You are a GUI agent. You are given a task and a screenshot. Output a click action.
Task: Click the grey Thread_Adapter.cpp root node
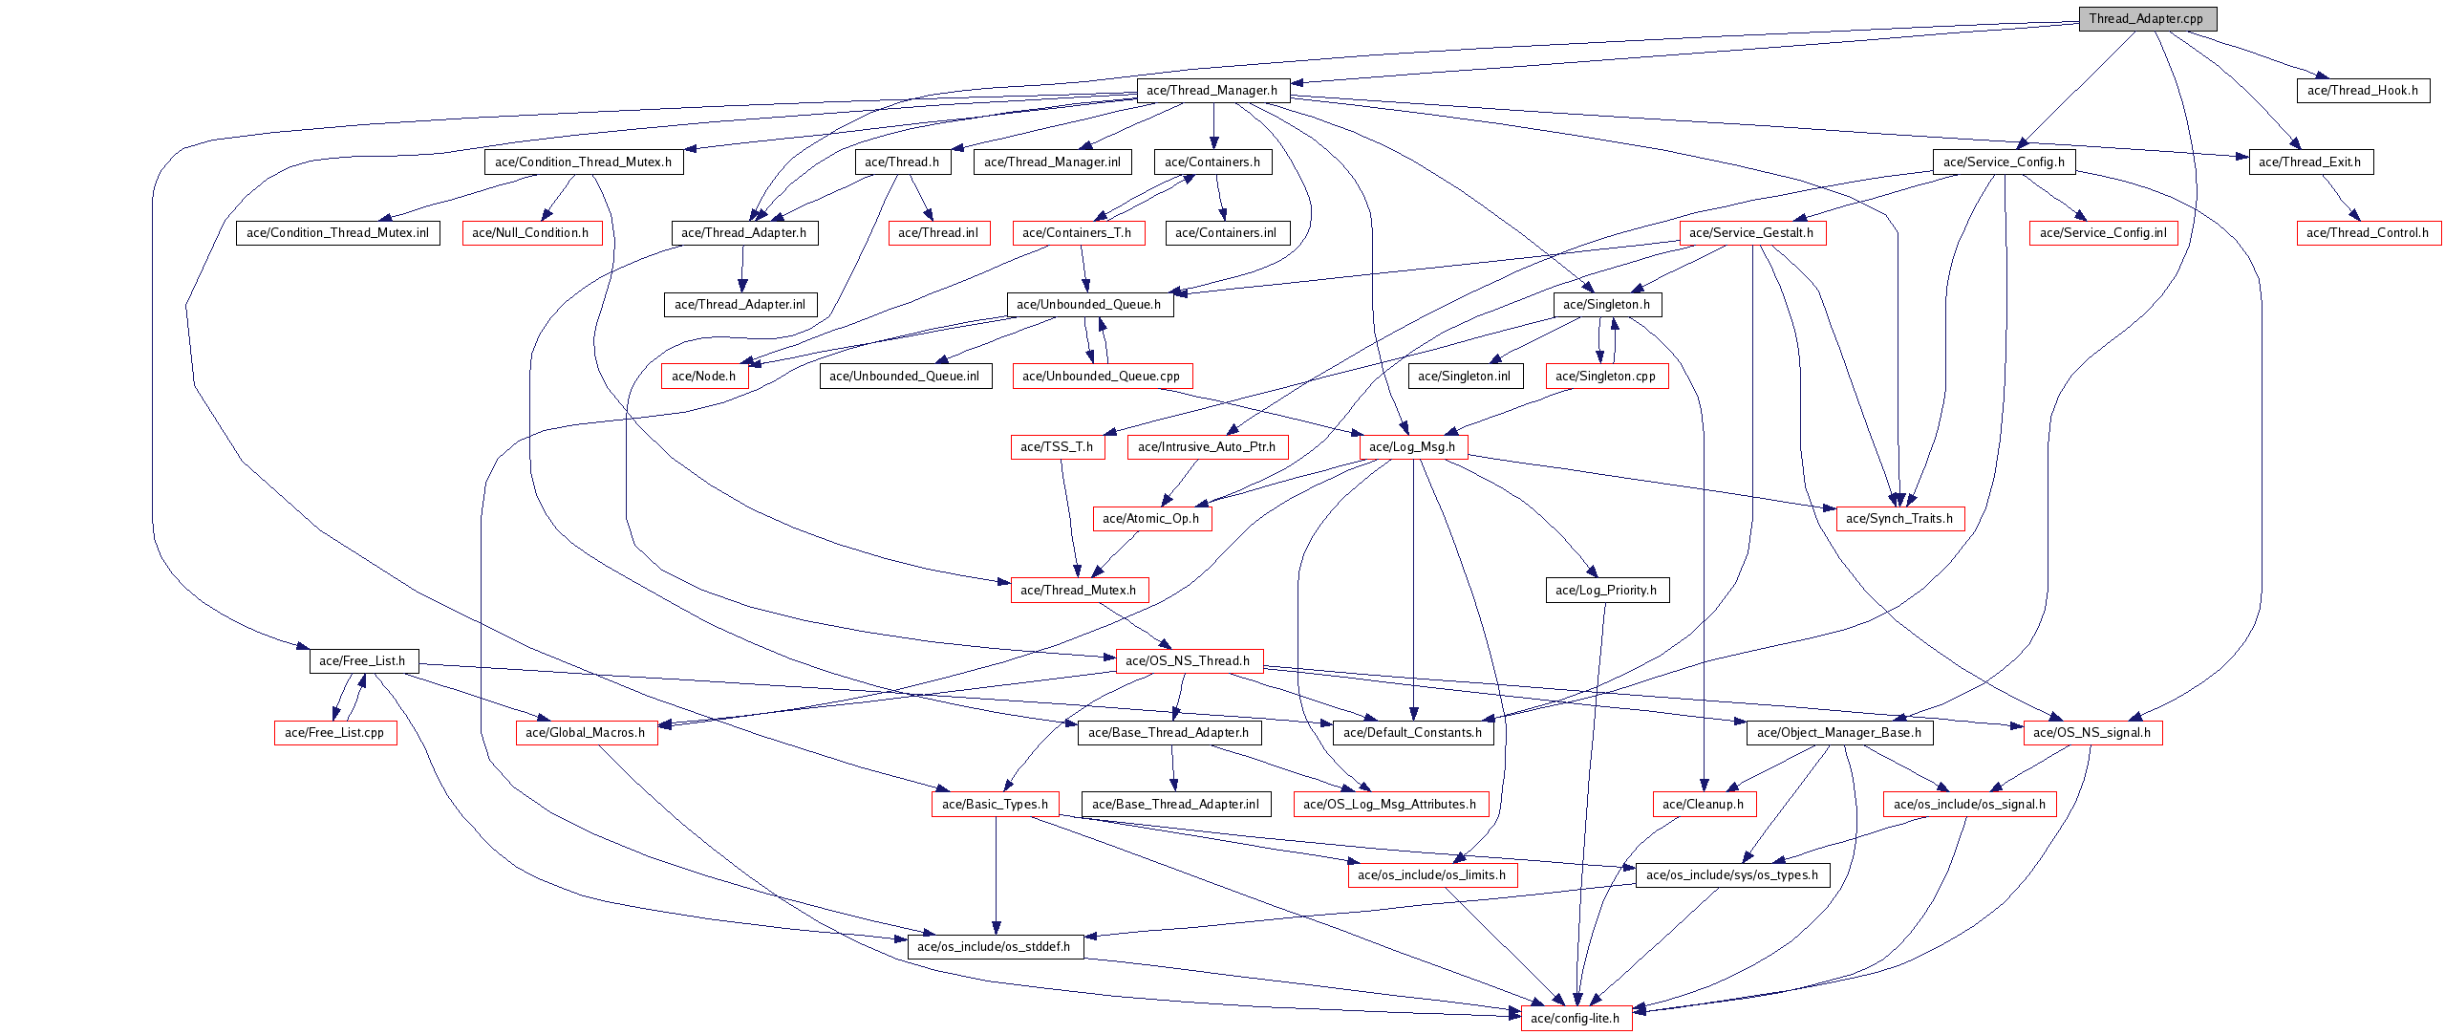coord(2146,18)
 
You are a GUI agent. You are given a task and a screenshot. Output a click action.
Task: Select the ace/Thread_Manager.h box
coord(1212,90)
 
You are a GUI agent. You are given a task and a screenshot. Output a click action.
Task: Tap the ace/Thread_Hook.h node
coord(2362,90)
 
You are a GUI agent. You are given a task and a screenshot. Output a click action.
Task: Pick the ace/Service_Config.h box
coord(2004,162)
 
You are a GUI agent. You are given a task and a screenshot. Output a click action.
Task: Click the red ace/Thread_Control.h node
coord(2367,232)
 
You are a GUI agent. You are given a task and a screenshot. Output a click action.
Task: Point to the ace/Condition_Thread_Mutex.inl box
coord(337,232)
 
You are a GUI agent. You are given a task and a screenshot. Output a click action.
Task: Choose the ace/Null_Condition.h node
coord(531,232)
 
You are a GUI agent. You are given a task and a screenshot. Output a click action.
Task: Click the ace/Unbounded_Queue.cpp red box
coord(1101,376)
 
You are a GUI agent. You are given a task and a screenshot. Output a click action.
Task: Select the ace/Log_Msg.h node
coord(1412,446)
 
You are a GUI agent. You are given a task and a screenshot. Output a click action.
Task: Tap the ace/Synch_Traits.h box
coord(1899,518)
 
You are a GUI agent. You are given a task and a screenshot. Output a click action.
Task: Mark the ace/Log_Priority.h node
coord(1606,590)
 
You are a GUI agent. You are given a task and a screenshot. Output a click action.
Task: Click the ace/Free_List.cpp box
coord(334,732)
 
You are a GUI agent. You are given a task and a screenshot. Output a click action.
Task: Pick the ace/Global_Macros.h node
coord(585,732)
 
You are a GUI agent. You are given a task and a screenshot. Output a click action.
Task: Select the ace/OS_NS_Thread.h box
coord(1188,660)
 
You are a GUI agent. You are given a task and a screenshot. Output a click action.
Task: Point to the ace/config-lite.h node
coord(1576,1018)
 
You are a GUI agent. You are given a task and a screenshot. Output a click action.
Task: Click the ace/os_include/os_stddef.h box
coord(994,946)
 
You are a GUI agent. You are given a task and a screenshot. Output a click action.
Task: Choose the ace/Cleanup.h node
coord(1704,804)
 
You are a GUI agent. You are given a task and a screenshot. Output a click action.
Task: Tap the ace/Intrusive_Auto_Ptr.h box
coord(1207,446)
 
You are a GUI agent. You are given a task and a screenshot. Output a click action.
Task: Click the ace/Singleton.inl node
coord(1464,376)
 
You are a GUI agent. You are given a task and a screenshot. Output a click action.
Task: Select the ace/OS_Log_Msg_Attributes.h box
coord(1389,804)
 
